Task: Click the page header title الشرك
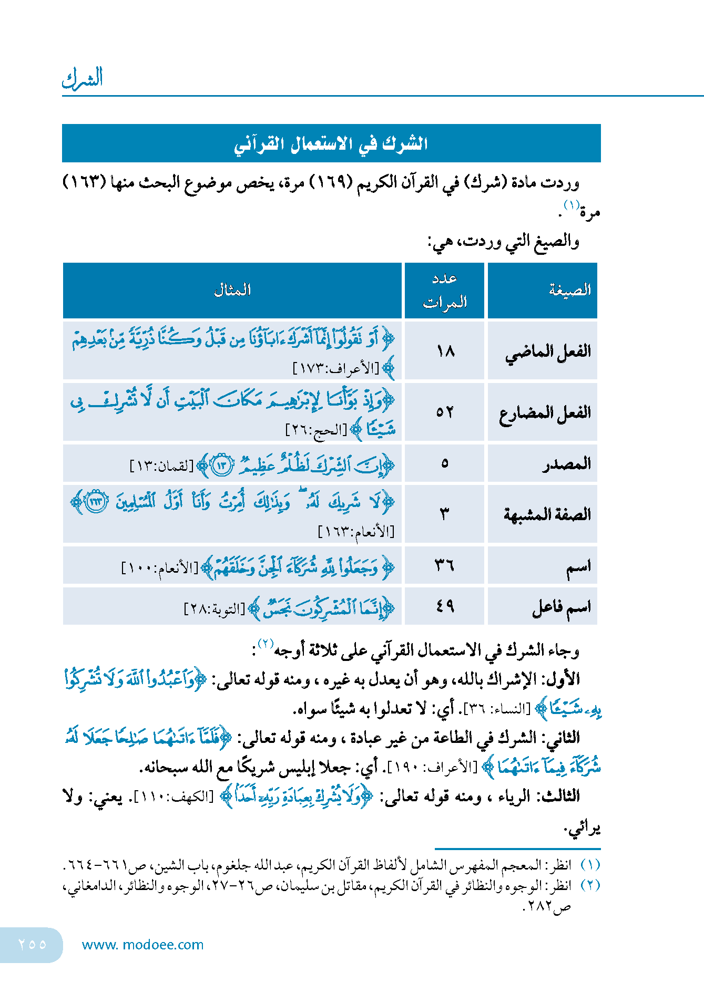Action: tap(82, 79)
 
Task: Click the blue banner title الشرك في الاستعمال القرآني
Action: tap(331, 143)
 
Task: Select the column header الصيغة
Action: tap(569, 290)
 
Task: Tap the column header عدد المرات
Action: tap(445, 290)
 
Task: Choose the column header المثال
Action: tap(232, 290)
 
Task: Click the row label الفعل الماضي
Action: tap(548, 351)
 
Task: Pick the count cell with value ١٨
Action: tap(445, 350)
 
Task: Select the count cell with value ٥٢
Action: tap(445, 412)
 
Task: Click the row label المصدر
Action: tap(567, 464)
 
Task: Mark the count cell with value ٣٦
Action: tap(445, 566)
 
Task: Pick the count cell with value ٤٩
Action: tap(445, 606)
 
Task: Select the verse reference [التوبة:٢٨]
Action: tap(215, 609)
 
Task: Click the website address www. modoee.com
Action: tap(142, 945)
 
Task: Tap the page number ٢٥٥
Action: tap(32, 945)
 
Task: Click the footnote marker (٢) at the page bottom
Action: tap(590, 885)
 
